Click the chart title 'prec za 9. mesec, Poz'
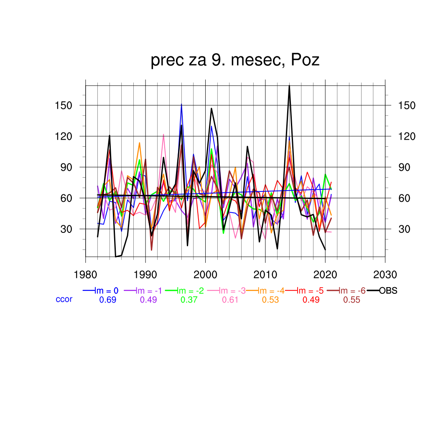[x=235, y=60]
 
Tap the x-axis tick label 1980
[x=86, y=275]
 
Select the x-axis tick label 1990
[x=145, y=275]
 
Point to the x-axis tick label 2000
[x=205, y=275]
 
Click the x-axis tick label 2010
[x=265, y=275]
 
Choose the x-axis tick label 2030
[x=385, y=275]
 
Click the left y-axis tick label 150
[x=64, y=105]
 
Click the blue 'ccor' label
[x=64, y=299]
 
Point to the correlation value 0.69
[x=107, y=300]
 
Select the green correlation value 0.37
[x=189, y=300]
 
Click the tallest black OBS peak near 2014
[x=289, y=86]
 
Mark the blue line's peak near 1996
[x=181, y=104]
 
